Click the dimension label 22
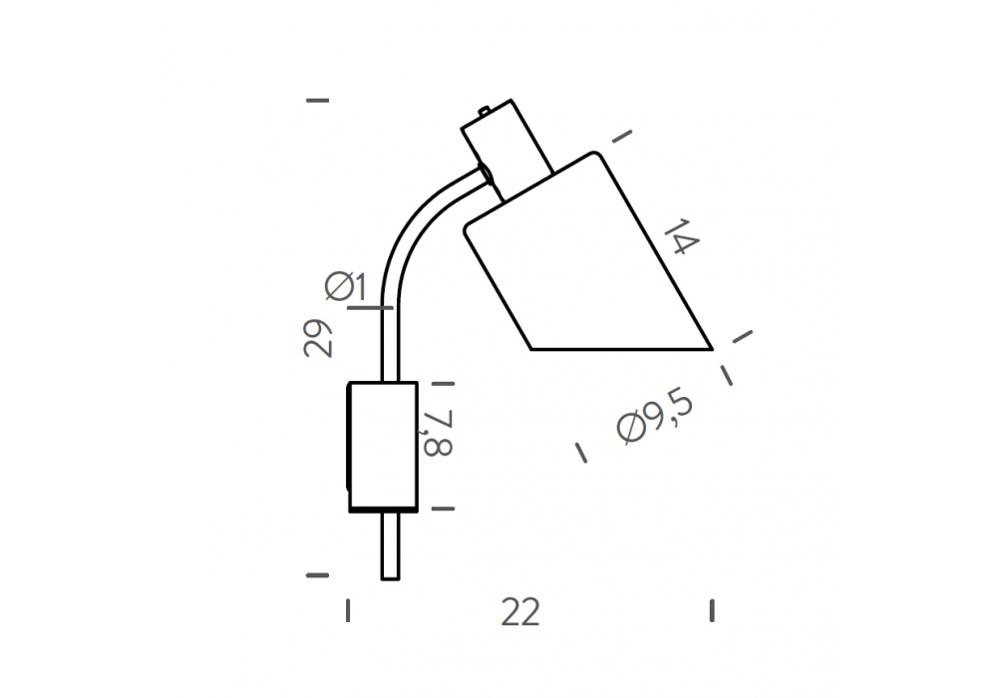[x=520, y=612]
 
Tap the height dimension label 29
[x=318, y=338]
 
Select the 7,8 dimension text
[x=437, y=433]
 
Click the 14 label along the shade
[x=682, y=236]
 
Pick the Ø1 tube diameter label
[x=345, y=286]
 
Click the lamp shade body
[x=588, y=267]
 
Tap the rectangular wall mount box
[x=383, y=447]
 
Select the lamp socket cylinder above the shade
[x=506, y=150]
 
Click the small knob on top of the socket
[x=484, y=112]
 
